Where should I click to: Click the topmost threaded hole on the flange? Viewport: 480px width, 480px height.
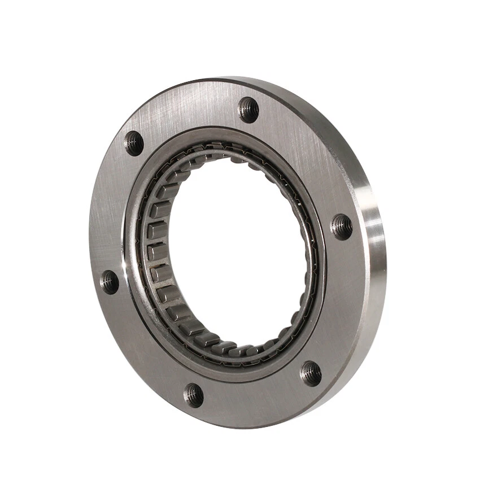point(248,109)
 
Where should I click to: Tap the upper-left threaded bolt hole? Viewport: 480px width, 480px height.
point(134,143)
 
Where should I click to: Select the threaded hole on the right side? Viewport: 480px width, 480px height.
point(341,226)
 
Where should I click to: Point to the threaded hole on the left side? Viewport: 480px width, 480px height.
point(110,281)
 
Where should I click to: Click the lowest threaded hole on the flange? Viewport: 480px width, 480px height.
point(193,395)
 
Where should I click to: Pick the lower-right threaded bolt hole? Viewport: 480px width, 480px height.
point(311,373)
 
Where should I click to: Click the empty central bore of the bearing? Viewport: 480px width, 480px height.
point(237,248)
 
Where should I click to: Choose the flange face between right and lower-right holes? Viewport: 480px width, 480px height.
point(339,305)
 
